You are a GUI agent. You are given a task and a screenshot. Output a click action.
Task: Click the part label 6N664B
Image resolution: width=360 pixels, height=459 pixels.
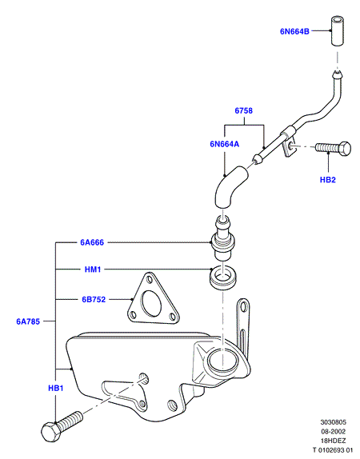click(x=294, y=31)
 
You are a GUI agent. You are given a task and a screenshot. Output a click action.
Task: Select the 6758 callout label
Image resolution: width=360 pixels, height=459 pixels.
click(x=244, y=110)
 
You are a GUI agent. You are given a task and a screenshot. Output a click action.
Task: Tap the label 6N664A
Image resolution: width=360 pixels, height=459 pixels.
click(x=224, y=144)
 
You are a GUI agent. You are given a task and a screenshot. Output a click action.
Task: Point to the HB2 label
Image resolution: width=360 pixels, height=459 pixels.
click(x=328, y=180)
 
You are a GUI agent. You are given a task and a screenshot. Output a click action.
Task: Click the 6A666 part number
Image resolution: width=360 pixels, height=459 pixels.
click(x=92, y=242)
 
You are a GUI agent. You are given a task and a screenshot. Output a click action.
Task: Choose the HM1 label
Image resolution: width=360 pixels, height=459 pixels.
click(x=93, y=269)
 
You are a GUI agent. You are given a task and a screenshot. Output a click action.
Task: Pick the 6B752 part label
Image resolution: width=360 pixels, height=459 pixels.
click(x=94, y=300)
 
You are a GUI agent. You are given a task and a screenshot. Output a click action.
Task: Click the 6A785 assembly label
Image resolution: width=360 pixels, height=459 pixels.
click(x=28, y=321)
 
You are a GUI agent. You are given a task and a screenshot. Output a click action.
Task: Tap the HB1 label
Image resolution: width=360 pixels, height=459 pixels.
click(x=56, y=388)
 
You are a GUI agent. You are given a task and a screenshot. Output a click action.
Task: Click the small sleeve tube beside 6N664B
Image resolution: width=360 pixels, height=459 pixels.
click(x=338, y=31)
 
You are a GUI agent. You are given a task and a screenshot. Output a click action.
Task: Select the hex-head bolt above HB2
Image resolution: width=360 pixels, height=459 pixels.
click(x=334, y=148)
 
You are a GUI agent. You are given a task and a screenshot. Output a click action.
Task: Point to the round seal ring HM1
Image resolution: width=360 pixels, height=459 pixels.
click(x=224, y=278)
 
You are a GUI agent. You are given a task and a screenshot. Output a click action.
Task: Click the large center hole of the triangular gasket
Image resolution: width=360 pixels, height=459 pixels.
click(x=151, y=304)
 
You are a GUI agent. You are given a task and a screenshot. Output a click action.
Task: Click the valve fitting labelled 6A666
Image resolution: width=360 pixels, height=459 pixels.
click(x=223, y=238)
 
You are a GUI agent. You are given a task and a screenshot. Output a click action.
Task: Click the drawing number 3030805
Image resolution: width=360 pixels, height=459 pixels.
click(x=333, y=422)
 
